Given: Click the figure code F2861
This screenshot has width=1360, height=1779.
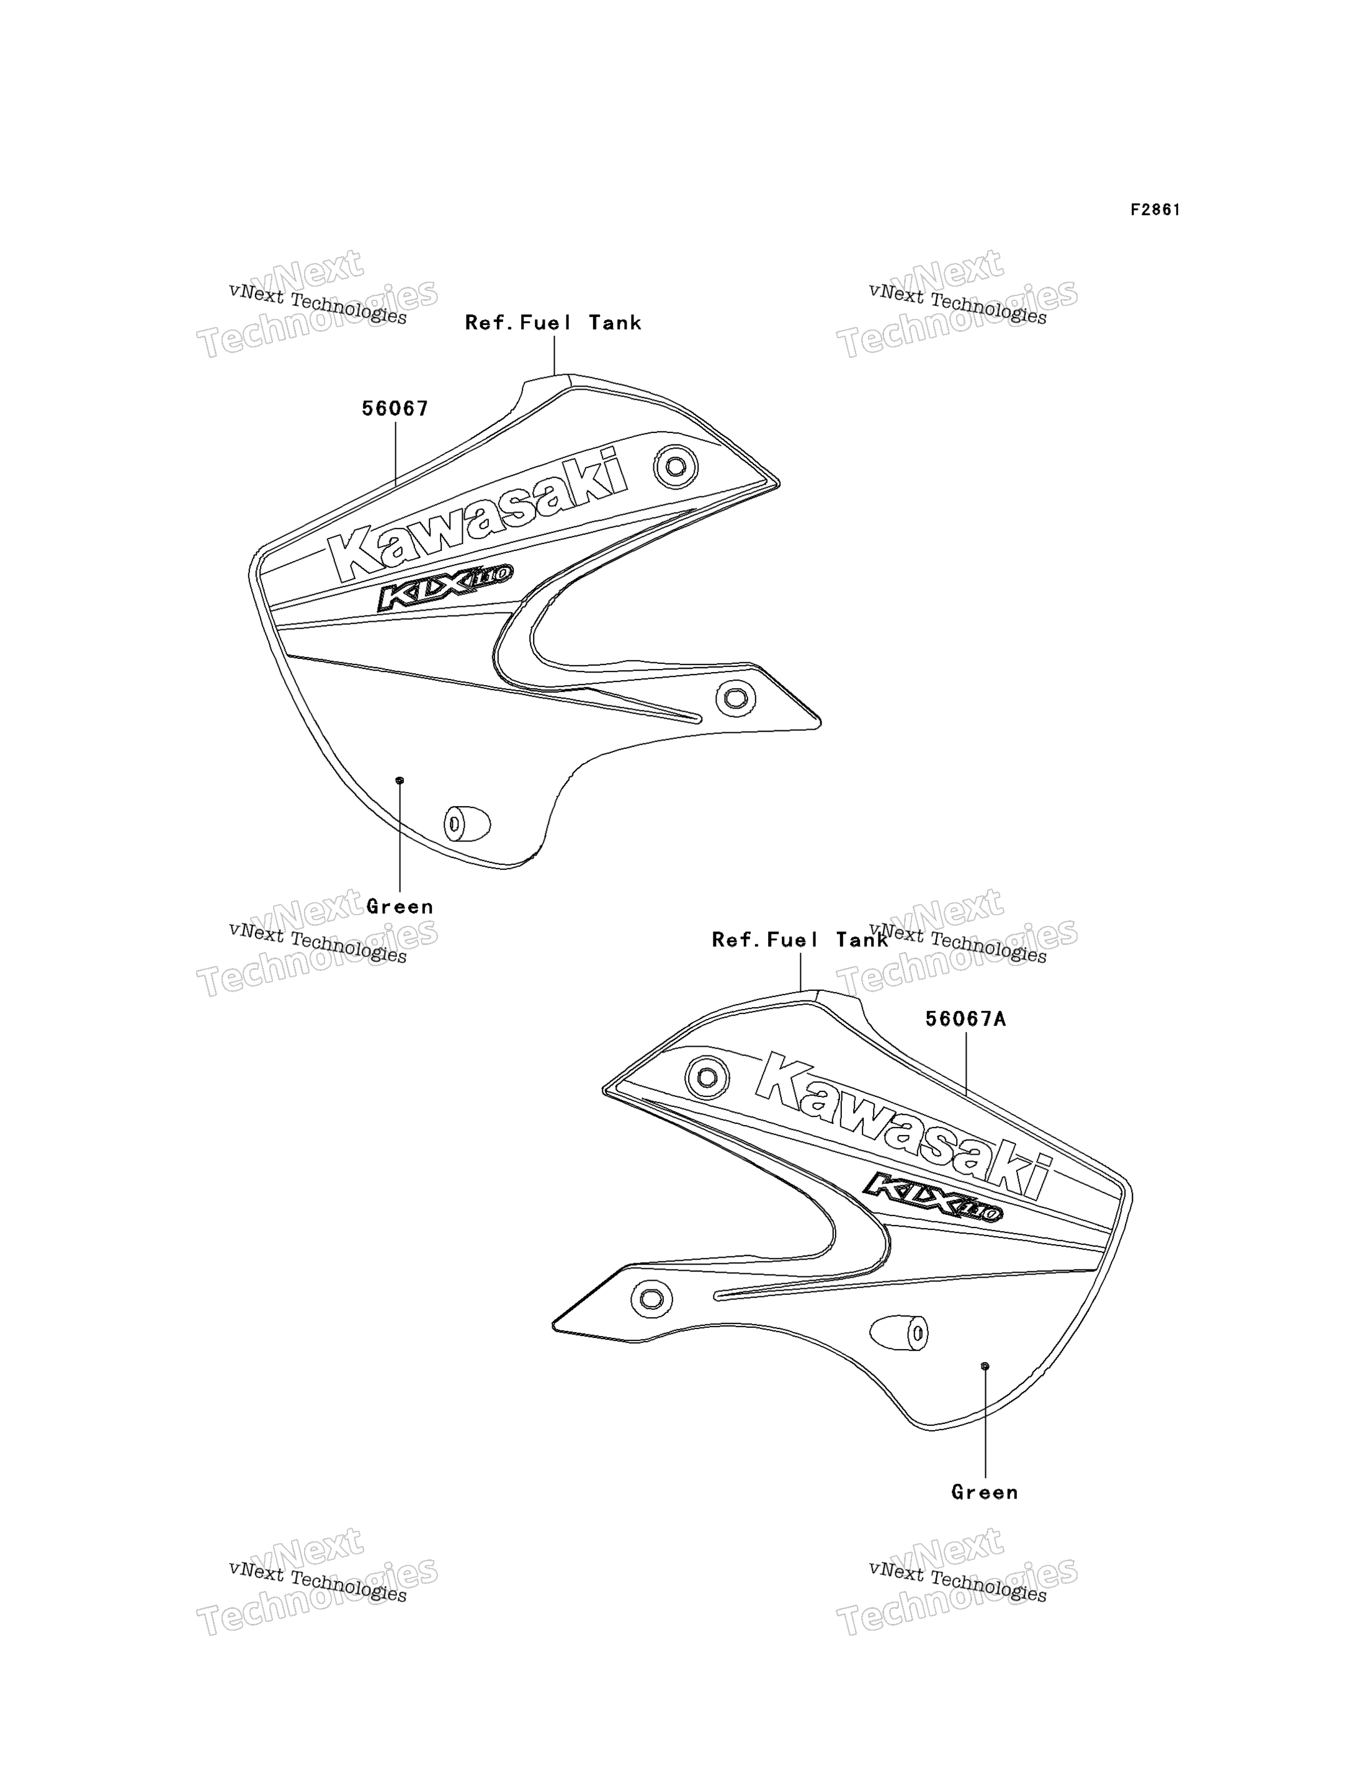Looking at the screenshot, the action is [x=1155, y=210].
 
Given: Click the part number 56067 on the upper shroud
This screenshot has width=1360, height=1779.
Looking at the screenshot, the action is [x=395, y=409].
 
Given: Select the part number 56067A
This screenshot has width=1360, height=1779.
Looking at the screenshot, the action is [x=966, y=1019].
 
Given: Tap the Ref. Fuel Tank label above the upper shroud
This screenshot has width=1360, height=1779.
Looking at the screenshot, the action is [x=553, y=323].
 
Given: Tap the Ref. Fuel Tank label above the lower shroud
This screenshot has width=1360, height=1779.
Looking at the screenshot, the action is [x=800, y=940].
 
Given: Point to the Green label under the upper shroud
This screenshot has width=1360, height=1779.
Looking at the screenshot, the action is [x=400, y=907].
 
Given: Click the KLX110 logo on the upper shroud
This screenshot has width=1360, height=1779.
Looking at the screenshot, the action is [x=444, y=586].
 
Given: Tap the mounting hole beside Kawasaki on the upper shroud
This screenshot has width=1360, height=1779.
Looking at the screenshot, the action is [x=676, y=467].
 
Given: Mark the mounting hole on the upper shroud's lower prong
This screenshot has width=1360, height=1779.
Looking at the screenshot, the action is [x=736, y=698].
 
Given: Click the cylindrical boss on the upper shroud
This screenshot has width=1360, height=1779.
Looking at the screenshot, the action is [x=467, y=823].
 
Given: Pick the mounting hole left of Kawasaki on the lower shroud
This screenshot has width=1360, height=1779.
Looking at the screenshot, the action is [x=707, y=1078].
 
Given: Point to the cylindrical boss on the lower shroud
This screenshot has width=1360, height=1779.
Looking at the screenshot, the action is [x=900, y=1333].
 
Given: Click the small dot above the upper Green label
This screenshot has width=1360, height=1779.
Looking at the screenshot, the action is [x=399, y=780].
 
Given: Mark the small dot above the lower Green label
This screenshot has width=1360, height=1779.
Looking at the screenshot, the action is [x=985, y=1366].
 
